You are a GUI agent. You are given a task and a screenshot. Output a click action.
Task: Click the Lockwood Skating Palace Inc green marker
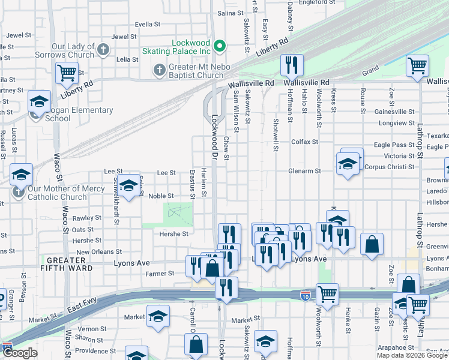[220, 46]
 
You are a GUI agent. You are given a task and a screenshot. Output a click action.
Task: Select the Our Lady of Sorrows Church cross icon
[103, 50]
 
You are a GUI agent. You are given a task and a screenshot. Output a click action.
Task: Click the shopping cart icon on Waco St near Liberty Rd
[67, 73]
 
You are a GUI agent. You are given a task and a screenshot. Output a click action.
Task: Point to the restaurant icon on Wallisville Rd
[292, 65]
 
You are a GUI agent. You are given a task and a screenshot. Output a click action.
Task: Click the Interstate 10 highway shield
[305, 295]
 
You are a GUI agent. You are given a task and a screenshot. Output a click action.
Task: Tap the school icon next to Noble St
[128, 187]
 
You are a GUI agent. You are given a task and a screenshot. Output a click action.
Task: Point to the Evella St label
[148, 25]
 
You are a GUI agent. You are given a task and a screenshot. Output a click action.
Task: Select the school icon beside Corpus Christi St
[348, 163]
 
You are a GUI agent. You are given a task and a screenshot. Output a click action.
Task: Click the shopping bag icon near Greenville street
[372, 244]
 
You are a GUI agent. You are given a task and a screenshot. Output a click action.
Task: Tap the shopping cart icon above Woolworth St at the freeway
[327, 294]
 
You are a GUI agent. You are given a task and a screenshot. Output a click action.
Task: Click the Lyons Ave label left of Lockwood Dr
[131, 263]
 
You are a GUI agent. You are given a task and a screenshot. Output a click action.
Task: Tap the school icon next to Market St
[158, 316]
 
